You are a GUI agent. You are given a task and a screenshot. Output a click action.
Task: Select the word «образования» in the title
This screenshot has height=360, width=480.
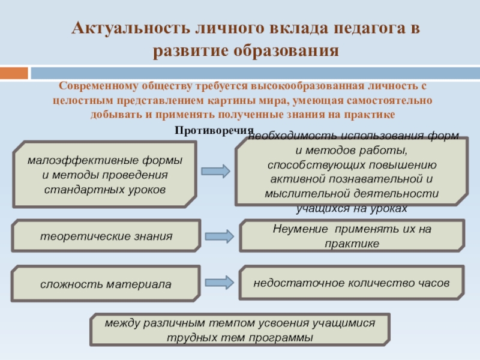click(x=282, y=50)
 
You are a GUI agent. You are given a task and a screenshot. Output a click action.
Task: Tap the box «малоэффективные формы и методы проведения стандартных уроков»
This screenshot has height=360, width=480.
click(x=105, y=174)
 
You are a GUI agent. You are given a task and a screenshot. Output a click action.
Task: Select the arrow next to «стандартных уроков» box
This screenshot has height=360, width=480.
click(x=215, y=172)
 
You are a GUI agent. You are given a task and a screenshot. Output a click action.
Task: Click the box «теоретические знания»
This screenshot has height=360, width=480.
click(x=106, y=236)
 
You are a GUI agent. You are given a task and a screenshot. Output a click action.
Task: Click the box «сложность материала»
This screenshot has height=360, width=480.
click(x=106, y=284)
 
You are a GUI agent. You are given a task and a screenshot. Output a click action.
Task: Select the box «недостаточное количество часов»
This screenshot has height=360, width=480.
click(x=352, y=283)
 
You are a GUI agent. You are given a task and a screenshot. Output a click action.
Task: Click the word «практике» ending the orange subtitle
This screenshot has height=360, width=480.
click(x=371, y=113)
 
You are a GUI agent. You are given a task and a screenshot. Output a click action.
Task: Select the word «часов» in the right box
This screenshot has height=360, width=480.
click(x=433, y=282)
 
